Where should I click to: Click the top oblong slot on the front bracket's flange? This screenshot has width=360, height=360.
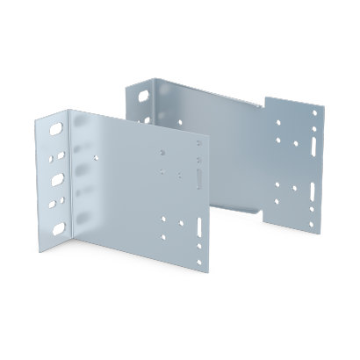pyautogui.click(x=58, y=129)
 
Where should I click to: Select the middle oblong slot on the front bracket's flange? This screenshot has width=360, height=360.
pyautogui.click(x=58, y=179)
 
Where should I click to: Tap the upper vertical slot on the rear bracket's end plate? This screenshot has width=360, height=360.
pyautogui.click(x=313, y=139)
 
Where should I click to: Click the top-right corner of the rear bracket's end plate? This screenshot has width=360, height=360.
pyautogui.click(x=324, y=102)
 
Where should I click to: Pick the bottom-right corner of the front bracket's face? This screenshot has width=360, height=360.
pyautogui.click(x=209, y=272)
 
